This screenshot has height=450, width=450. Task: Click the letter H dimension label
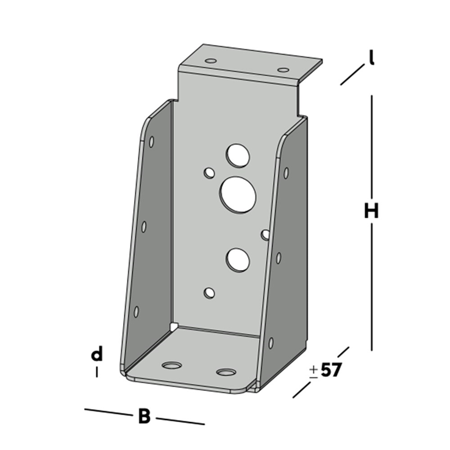(371, 211)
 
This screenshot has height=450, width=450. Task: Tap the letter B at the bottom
(144, 416)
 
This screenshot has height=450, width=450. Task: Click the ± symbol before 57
(313, 371)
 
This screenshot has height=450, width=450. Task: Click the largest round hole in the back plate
(238, 195)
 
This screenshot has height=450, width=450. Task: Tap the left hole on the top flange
(210, 62)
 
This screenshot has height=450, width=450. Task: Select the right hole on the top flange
(283, 70)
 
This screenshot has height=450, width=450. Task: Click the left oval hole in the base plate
(172, 365)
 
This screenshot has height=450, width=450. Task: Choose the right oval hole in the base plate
(226, 371)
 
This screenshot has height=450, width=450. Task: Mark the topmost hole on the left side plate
(151, 141)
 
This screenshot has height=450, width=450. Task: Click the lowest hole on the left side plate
(136, 312)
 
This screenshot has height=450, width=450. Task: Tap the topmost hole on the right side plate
(286, 173)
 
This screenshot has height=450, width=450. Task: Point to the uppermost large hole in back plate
(237, 155)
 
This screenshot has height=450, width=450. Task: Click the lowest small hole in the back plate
(209, 293)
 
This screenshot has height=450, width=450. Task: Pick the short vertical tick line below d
(96, 372)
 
